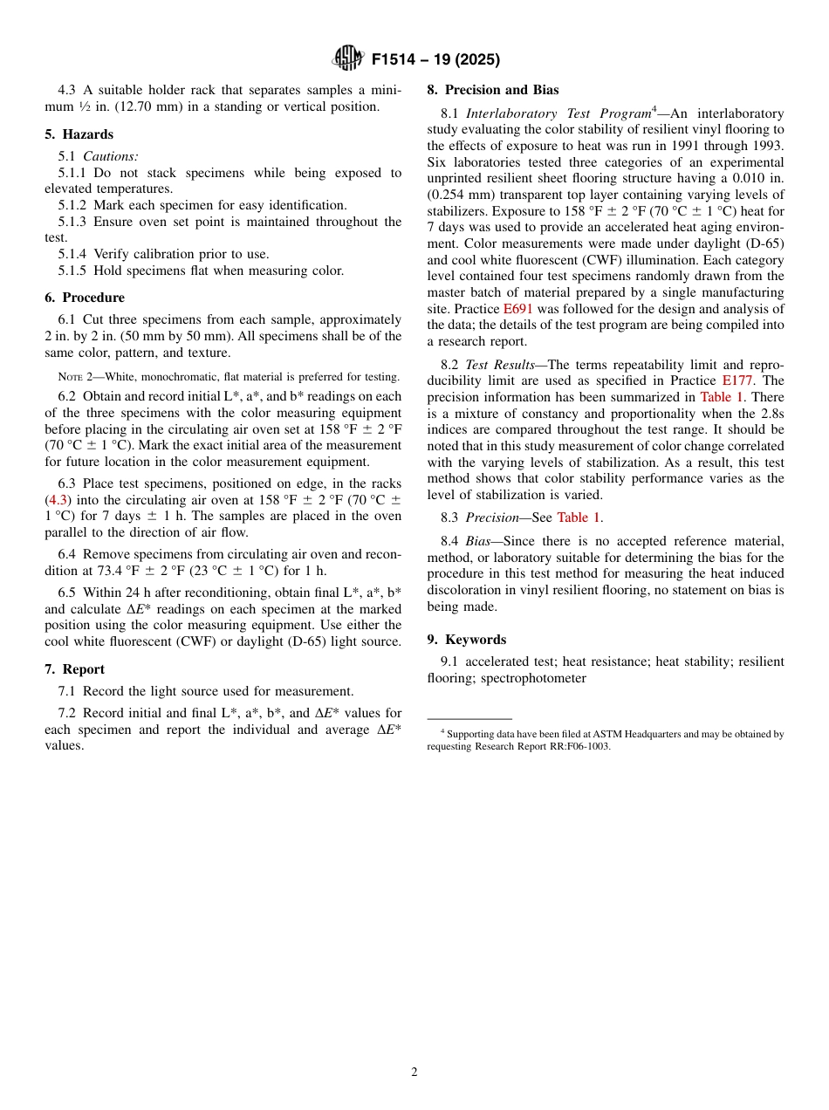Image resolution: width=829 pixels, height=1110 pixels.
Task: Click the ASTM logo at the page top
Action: point(348,59)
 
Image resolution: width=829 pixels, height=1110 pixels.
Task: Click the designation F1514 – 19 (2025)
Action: point(435,60)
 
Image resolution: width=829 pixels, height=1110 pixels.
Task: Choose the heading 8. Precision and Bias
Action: point(492,90)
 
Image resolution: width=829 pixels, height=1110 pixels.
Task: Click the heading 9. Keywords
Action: point(466,640)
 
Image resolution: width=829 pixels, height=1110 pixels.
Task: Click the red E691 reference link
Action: point(517,309)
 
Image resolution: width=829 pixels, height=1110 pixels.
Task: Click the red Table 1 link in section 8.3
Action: point(579,517)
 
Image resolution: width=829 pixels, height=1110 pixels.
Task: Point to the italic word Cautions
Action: point(111,156)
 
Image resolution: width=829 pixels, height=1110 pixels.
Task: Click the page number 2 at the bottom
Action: point(414,1072)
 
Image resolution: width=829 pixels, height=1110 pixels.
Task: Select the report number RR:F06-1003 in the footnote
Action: point(573,747)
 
